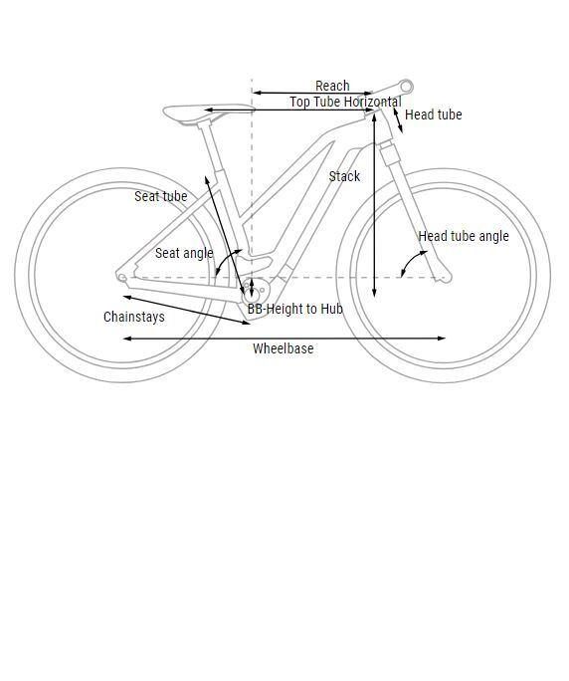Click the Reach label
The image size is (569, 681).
point(332,86)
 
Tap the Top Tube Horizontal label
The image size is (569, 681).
point(345,102)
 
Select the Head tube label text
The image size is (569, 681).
point(433,114)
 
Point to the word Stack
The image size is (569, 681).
point(344,176)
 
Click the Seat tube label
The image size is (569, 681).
point(160,196)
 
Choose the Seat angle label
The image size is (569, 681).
point(184,253)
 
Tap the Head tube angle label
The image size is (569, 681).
point(464,236)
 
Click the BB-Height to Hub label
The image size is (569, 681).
point(295,309)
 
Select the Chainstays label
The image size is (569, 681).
point(134,317)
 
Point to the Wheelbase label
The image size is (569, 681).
point(283,348)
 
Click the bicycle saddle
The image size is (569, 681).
point(209,113)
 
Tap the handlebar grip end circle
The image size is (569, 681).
point(406,87)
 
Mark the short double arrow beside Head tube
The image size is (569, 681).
point(398,120)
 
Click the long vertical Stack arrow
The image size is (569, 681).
point(375,205)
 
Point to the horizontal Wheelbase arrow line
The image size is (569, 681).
point(284,339)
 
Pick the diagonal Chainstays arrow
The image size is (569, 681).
point(187,310)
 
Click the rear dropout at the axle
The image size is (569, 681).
point(122,277)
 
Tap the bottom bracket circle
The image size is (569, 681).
point(252,297)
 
